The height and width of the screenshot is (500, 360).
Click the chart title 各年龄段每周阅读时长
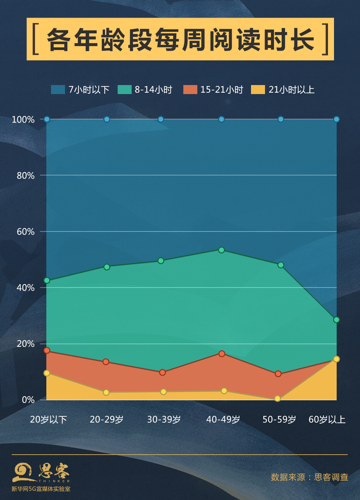pyautogui.click(x=180, y=39)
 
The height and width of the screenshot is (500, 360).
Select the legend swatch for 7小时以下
pyautogui.click(x=58, y=89)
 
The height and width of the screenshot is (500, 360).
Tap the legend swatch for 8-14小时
pyautogui.click(x=125, y=89)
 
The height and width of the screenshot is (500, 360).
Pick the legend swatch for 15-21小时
pyautogui.click(x=190, y=89)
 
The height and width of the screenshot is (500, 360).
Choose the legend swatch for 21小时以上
pyautogui.click(x=258, y=89)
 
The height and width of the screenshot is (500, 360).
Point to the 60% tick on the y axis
pyautogui.click(x=26, y=231)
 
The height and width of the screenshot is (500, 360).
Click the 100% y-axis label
pyautogui.click(x=23, y=119)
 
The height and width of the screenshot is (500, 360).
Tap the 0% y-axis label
pyautogui.click(x=28, y=400)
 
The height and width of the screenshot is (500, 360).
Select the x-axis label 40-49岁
pyautogui.click(x=223, y=419)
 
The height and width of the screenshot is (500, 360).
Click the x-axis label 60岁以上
pyautogui.click(x=327, y=419)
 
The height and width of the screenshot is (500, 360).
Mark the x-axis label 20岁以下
pyautogui.click(x=48, y=419)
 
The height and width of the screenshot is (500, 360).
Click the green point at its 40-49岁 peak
pyautogui.click(x=221, y=250)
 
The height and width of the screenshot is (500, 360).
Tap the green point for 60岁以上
pyautogui.click(x=336, y=320)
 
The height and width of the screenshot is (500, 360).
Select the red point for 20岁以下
pyautogui.click(x=47, y=350)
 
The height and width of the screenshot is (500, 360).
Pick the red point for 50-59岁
pyautogui.click(x=278, y=374)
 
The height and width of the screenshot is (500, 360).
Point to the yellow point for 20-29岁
pyautogui.click(x=106, y=392)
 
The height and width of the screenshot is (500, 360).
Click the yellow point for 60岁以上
pyautogui.click(x=336, y=359)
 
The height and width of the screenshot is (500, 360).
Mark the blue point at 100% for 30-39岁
pyautogui.click(x=161, y=119)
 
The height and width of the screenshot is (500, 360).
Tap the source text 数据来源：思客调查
pyautogui.click(x=309, y=477)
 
